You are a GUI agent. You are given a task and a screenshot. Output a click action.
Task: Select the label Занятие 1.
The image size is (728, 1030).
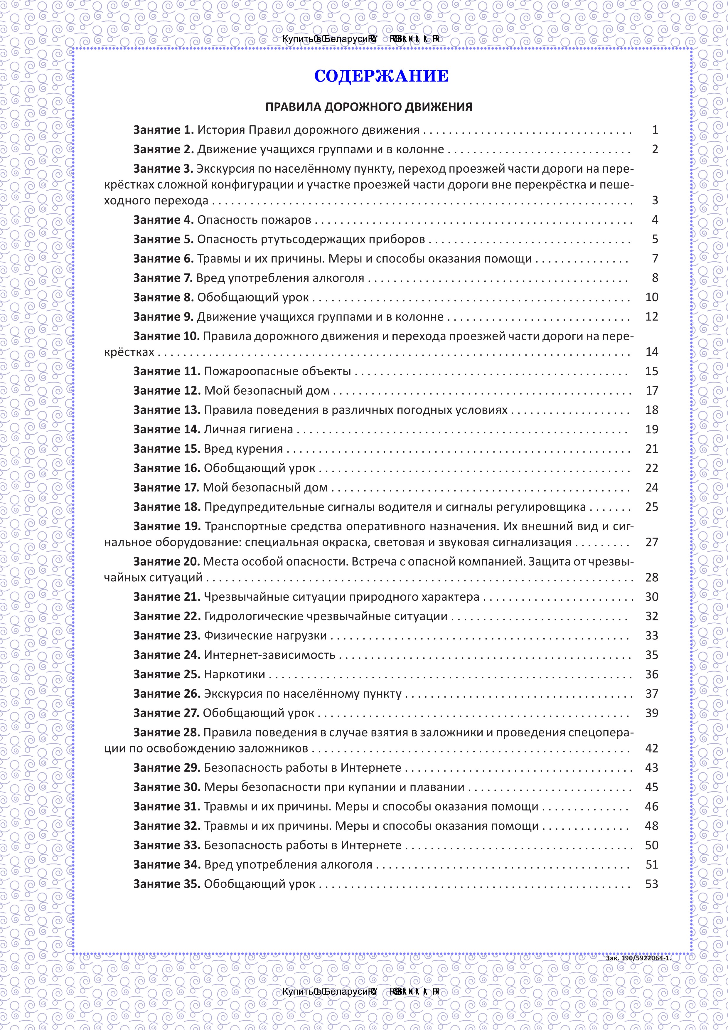tap(163, 130)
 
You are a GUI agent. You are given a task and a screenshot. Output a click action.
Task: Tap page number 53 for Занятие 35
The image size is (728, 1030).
tap(651, 884)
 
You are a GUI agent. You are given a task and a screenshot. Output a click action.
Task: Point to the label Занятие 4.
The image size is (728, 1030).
tap(163, 220)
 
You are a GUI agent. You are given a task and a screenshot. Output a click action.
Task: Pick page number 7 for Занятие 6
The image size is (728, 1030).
tap(655, 258)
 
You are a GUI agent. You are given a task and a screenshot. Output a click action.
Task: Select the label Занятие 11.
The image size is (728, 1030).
tap(166, 371)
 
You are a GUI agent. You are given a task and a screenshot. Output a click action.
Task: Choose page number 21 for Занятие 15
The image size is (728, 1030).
tap(651, 449)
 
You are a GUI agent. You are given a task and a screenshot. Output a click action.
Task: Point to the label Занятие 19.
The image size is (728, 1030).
tap(166, 526)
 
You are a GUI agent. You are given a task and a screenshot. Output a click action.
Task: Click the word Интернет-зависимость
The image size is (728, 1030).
tap(269, 655)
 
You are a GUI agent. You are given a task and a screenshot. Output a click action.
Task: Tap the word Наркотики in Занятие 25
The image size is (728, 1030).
tap(234, 674)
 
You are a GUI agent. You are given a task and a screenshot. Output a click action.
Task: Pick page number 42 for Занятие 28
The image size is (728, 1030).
tap(651, 748)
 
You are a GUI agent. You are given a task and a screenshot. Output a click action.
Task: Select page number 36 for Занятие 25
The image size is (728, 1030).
tap(651, 674)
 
